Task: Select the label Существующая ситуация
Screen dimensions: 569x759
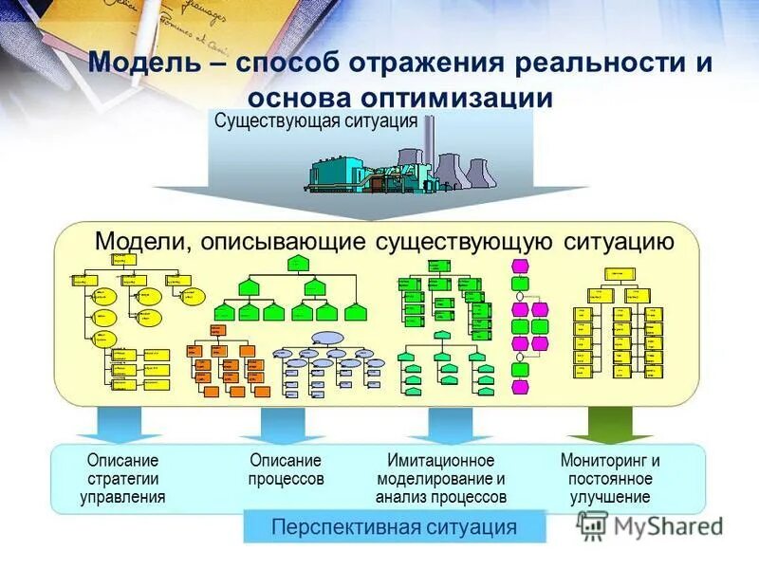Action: [x=316, y=121]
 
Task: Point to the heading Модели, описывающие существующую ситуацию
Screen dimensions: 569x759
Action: [x=384, y=241]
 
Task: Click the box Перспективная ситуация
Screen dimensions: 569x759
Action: [x=395, y=526]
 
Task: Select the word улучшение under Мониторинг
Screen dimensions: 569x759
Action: [x=610, y=496]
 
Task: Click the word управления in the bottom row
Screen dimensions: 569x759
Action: [x=122, y=496]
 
